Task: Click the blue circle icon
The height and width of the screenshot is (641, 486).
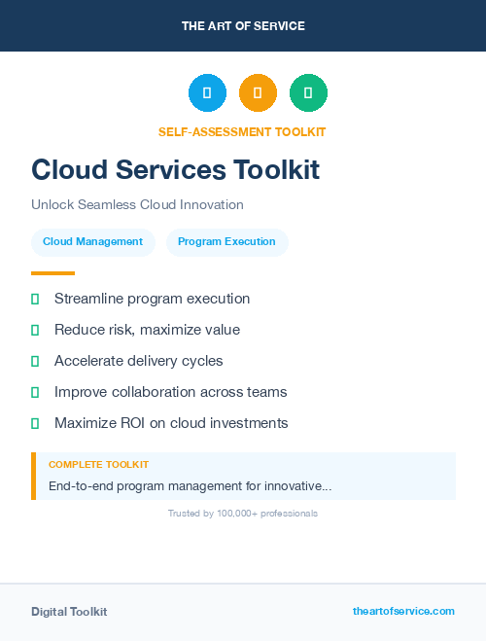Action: click(x=207, y=93)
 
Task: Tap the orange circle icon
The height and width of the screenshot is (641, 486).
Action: click(x=258, y=93)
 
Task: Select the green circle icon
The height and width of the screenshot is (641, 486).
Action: click(x=308, y=93)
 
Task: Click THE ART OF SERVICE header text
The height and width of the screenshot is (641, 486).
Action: click(x=243, y=26)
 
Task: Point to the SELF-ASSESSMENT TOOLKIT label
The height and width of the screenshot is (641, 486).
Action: click(x=242, y=131)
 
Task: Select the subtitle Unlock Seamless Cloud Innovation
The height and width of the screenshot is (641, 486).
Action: click(x=137, y=205)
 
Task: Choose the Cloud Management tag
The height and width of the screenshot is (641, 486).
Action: click(x=93, y=242)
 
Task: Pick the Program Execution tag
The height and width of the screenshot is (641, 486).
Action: click(x=226, y=242)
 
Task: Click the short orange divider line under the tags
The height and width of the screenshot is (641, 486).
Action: click(x=52, y=273)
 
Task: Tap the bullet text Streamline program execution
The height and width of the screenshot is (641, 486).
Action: click(x=152, y=299)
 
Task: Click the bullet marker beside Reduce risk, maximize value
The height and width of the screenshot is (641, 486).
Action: click(x=35, y=330)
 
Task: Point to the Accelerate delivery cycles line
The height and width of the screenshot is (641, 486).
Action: click(x=138, y=361)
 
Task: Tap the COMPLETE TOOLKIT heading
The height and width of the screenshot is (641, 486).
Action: click(x=98, y=465)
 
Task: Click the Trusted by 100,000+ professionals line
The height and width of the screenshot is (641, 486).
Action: click(x=243, y=513)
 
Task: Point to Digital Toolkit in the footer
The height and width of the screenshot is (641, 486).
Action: click(x=69, y=612)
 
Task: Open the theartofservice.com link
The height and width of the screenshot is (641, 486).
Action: click(x=403, y=611)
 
